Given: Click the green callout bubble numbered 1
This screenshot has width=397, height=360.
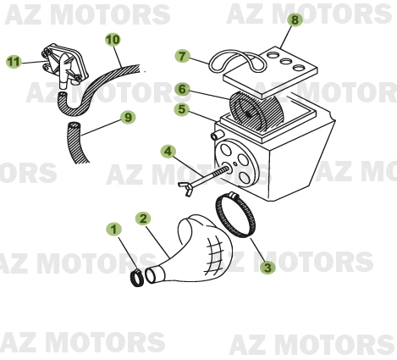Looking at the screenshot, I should pos(113,229).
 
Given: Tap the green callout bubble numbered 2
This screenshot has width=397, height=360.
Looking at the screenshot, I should pos(144,219).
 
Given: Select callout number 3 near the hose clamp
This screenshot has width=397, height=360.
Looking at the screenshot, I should pos(267,268).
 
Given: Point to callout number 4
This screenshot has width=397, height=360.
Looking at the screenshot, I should pos(168,152).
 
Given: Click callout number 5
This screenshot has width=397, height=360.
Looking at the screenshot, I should pos(182,109).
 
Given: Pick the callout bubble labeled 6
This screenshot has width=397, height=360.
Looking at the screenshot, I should pos(182,89).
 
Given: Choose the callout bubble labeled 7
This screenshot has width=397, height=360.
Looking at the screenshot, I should pos(182,56).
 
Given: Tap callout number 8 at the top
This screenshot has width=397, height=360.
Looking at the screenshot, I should pos(294,19).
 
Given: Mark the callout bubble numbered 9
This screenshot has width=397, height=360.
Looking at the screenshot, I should pos(128,117).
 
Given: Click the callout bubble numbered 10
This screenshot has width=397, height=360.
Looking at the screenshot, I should pos(113,40).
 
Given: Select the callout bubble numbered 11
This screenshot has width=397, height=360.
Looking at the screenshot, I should pos(13,62).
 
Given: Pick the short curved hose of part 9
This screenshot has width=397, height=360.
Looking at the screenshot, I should pos(77,141).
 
